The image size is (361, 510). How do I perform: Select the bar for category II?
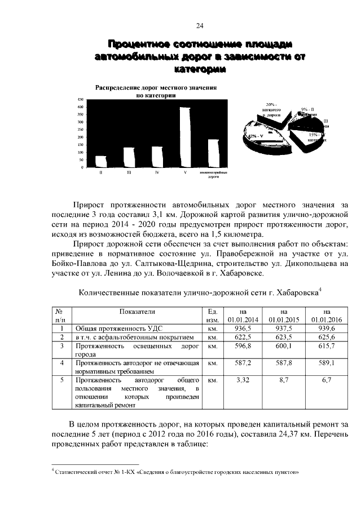tap(100, 162)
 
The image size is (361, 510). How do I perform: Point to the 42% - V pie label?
tap(254, 136)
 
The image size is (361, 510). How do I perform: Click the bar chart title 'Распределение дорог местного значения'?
tap(156, 88)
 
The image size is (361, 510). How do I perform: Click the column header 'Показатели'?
tap(137, 311)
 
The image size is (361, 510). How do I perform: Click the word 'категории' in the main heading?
tap(200, 69)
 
